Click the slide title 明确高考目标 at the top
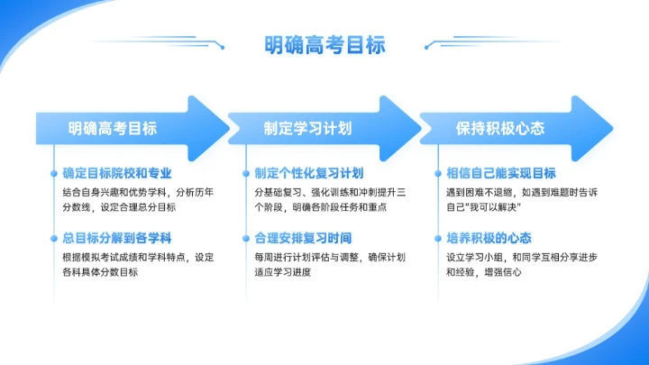coord(324,44)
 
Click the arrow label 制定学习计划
coord(307,128)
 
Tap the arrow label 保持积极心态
coord(500,128)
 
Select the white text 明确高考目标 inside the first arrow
coord(113,128)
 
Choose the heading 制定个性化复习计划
coord(309,173)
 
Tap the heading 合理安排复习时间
coord(303,238)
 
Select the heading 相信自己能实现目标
coord(501,173)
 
